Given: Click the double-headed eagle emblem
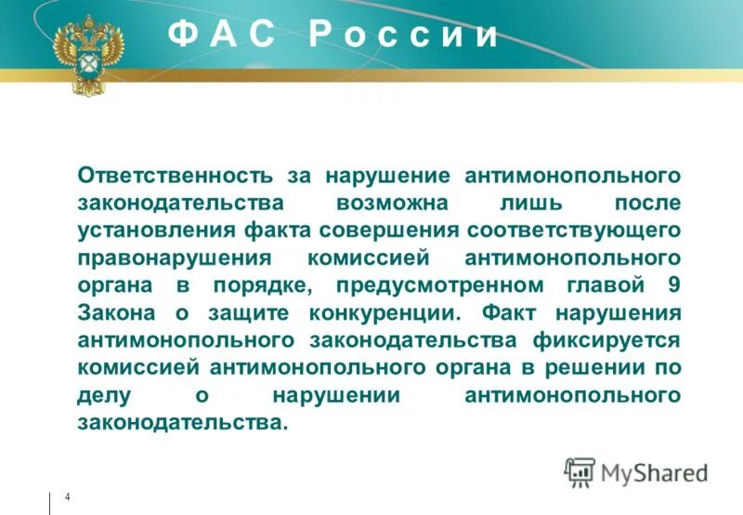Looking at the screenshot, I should point(88,55).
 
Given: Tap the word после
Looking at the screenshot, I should point(646,203).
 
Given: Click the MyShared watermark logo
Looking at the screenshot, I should point(636,472).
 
